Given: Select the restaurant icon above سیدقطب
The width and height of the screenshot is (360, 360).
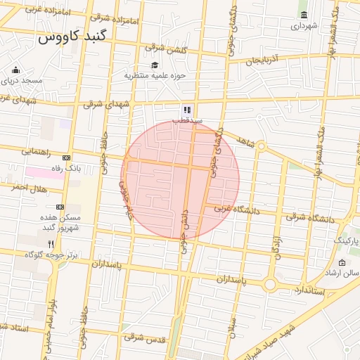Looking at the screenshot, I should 187,110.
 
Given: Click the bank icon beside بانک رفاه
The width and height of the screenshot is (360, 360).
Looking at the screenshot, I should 67,157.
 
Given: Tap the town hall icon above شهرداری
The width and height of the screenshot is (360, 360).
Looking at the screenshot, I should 304,15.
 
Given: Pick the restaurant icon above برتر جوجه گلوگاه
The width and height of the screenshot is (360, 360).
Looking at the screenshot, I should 51,244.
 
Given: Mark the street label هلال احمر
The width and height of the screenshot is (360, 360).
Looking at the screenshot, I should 27,188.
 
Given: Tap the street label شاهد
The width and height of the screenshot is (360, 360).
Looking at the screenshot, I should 245,141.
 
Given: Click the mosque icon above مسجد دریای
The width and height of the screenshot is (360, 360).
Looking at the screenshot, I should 16,70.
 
